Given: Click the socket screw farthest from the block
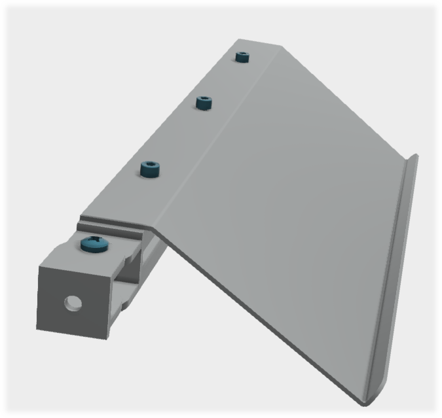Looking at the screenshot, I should point(244,57).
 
